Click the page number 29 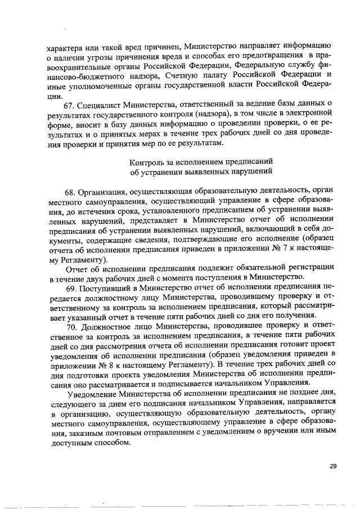pos(332,466)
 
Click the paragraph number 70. pos(73,326)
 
